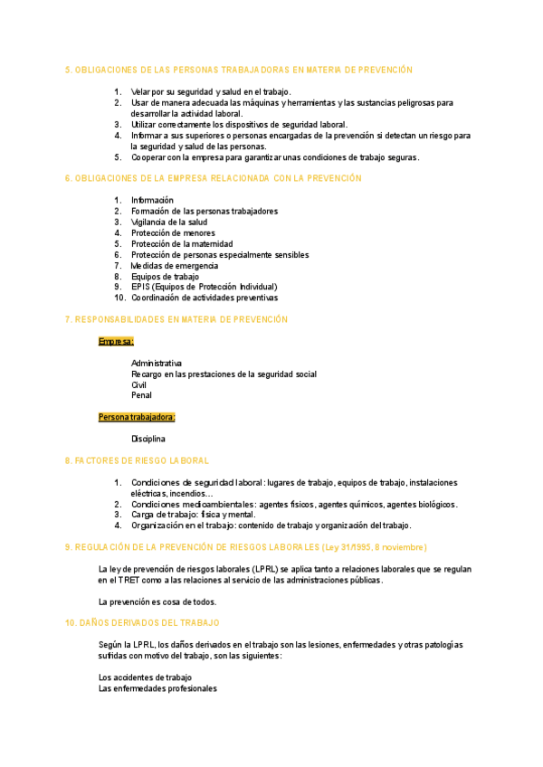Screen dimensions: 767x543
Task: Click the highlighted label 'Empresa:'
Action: click(116, 341)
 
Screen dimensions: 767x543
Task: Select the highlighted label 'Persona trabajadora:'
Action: click(137, 417)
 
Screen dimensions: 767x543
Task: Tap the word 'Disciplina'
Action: click(148, 439)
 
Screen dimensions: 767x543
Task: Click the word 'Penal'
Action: click(141, 395)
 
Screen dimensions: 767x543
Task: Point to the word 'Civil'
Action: click(139, 384)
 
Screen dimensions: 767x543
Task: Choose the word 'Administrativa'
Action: click(157, 363)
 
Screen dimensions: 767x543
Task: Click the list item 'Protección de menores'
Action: click(173, 232)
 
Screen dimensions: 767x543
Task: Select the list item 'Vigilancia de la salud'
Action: click(169, 222)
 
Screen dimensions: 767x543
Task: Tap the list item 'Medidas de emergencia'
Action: click(175, 265)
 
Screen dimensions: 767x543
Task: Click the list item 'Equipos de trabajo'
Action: click(166, 276)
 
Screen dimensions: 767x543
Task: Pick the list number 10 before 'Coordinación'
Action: click(119, 298)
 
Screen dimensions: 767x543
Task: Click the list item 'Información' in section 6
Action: click(152, 200)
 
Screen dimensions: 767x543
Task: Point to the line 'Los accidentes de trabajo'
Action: click(145, 677)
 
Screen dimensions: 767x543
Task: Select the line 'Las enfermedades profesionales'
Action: click(157, 688)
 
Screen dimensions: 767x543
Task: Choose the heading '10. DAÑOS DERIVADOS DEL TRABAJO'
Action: click(142, 623)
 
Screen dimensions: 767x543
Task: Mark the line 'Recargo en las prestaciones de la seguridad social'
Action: click(224, 374)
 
